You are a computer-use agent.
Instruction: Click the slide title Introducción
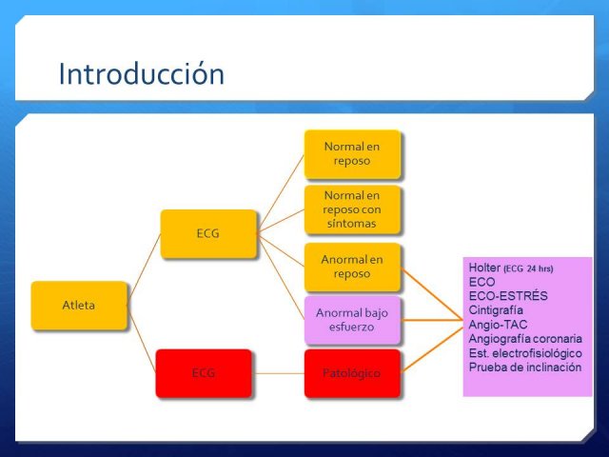tap(142, 74)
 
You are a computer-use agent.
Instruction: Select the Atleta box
tap(79, 306)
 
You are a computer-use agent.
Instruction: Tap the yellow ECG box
tap(208, 233)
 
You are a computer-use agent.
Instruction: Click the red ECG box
tap(204, 373)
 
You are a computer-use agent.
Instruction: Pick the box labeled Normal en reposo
tap(352, 154)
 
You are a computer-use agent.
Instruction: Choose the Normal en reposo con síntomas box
tap(352, 209)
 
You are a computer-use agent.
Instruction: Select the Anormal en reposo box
tap(352, 267)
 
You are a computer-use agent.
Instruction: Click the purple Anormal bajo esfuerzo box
tap(352, 320)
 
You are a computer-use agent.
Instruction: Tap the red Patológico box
tap(352, 373)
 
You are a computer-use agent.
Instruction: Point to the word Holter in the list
tap(484, 268)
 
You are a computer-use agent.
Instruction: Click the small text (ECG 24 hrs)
tap(528, 268)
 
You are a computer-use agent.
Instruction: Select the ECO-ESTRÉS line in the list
tap(508, 296)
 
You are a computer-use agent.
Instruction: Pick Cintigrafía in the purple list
tap(496, 310)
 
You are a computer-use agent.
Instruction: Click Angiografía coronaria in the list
tap(525, 339)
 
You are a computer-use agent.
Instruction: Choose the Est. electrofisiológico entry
tap(525, 353)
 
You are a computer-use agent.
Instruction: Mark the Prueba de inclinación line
tap(525, 368)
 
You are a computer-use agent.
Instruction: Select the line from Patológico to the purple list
tap(432, 349)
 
